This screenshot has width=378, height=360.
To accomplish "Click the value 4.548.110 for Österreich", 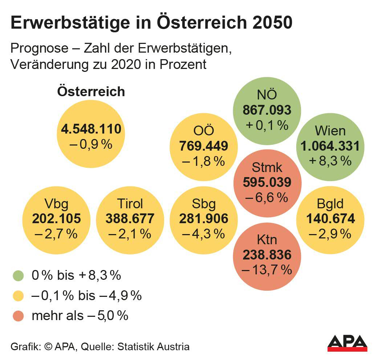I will pyautogui.click(x=91, y=129).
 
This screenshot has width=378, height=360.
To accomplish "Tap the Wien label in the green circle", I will pyautogui.click(x=330, y=131).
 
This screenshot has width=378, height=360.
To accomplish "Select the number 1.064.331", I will pyautogui.click(x=330, y=146).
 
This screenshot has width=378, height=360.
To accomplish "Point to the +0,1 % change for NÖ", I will pyautogui.click(x=267, y=125).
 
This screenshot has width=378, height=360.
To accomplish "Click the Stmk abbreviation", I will pyautogui.click(x=267, y=168).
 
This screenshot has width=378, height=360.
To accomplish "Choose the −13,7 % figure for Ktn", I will pyautogui.click(x=267, y=270).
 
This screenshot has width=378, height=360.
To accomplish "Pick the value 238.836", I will pyautogui.click(x=267, y=255).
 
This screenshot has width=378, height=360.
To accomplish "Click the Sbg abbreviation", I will pyautogui.click(x=203, y=204).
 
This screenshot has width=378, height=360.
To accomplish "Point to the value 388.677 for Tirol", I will pyautogui.click(x=130, y=218).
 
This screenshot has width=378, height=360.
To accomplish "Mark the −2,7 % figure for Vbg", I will pyautogui.click(x=56, y=234).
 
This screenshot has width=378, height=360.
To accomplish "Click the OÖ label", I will pyautogui.click(x=203, y=131).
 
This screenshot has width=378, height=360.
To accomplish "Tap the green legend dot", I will pyautogui.click(x=18, y=276).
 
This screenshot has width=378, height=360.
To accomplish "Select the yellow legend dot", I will pyautogui.click(x=18, y=296).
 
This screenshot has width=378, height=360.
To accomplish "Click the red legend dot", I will pyautogui.click(x=18, y=316).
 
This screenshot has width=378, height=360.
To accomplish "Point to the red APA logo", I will pyautogui.click(x=347, y=343).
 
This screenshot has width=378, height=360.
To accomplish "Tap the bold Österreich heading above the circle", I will pyautogui.click(x=91, y=91).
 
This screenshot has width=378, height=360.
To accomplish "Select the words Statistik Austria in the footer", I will pyautogui.click(x=153, y=347).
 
